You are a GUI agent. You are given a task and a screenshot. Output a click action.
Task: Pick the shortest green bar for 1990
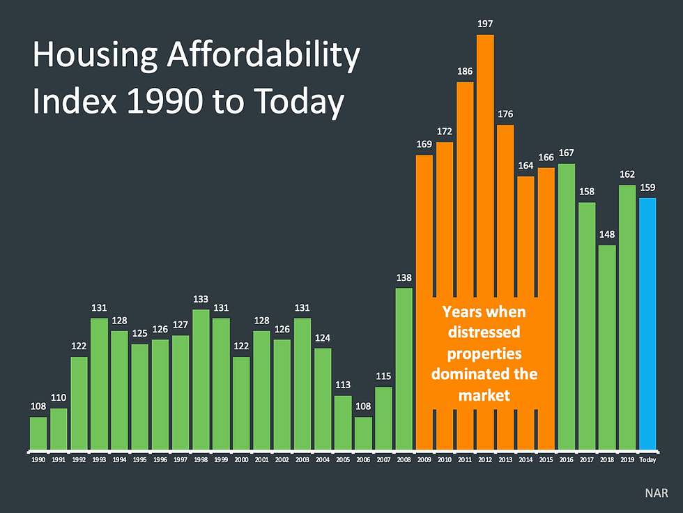[x=38, y=433]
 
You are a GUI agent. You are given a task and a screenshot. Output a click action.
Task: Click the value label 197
[x=485, y=24]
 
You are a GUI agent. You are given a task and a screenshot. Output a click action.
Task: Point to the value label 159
[x=648, y=187]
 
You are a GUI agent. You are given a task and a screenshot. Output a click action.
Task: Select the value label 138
[x=404, y=277]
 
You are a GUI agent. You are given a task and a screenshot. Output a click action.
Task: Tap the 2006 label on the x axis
[x=363, y=460]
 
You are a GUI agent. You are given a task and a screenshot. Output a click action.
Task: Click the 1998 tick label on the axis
[x=201, y=460]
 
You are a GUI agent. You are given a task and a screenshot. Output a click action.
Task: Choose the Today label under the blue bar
[x=648, y=460]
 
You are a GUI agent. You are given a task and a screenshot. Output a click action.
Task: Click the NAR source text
[x=656, y=492]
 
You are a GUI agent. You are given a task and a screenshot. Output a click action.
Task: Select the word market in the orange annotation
[x=484, y=395]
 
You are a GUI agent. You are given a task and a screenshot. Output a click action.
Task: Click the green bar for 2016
[x=567, y=307]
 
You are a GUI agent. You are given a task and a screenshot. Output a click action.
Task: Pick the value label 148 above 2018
[x=607, y=234]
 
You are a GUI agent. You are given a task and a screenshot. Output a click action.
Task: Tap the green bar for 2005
[x=343, y=422]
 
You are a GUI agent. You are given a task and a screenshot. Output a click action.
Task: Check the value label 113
[x=343, y=385]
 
